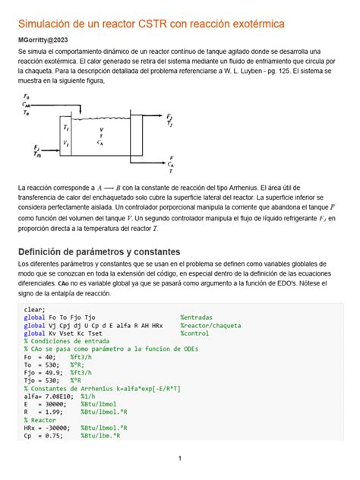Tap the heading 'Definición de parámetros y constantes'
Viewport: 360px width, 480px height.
click(x=99, y=251)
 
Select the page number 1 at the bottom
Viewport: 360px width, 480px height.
click(x=180, y=459)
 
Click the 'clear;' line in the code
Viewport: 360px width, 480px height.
click(x=35, y=310)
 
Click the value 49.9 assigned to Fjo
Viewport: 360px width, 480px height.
click(x=54, y=372)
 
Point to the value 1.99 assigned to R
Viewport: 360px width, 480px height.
click(x=52, y=412)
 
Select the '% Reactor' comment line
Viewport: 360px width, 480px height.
click(x=40, y=419)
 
